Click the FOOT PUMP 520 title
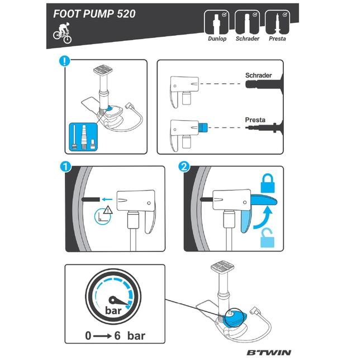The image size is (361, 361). click(94, 14)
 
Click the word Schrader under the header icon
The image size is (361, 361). click(246, 39)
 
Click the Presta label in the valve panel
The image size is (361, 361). click(254, 119)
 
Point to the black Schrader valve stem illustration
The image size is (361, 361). click(263, 85)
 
